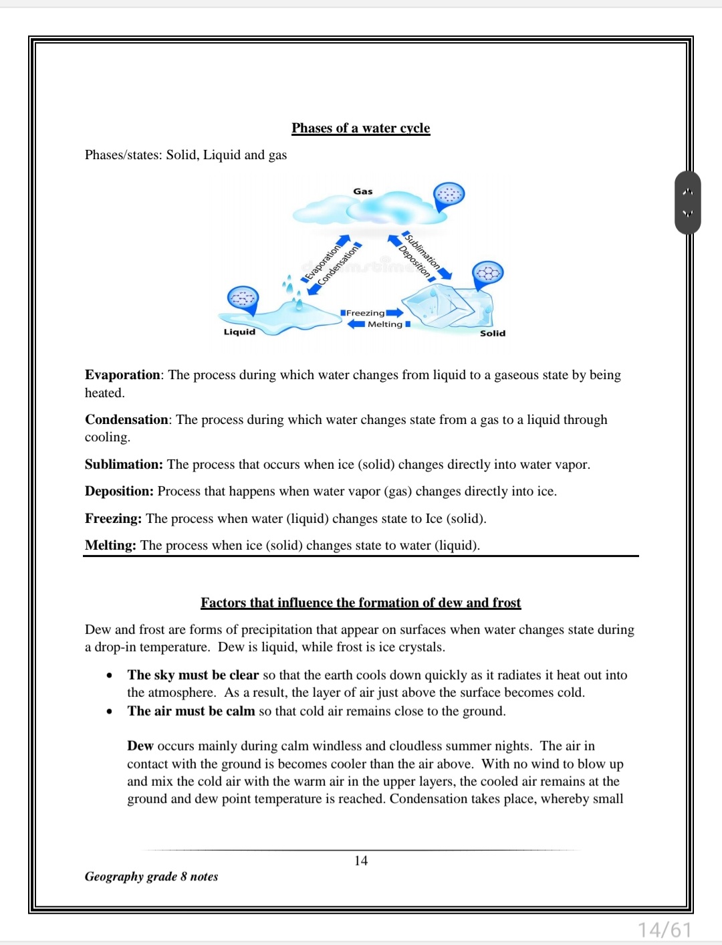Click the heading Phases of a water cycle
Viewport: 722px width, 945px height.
click(360, 128)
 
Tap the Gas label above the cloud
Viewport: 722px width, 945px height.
click(363, 191)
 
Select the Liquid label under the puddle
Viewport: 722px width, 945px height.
click(239, 332)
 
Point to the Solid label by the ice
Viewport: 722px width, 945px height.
click(493, 333)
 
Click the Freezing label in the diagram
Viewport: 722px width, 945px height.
click(365, 313)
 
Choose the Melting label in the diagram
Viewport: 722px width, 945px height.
click(385, 324)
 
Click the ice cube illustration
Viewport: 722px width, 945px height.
click(446, 305)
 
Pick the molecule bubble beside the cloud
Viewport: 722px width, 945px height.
click(449, 195)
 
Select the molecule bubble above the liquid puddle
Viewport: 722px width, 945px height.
click(243, 298)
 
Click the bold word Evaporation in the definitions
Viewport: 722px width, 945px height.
click(122, 375)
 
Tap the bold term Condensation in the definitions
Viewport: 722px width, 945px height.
click(126, 419)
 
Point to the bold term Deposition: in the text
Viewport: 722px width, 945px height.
click(119, 491)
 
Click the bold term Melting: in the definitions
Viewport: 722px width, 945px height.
click(110, 545)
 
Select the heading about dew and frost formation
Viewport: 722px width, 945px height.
click(360, 603)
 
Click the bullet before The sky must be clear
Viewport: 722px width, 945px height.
click(109, 675)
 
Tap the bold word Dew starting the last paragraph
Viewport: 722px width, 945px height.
click(140, 746)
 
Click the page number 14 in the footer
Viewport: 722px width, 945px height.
click(361, 861)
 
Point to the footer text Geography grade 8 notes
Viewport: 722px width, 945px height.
click(151, 876)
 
